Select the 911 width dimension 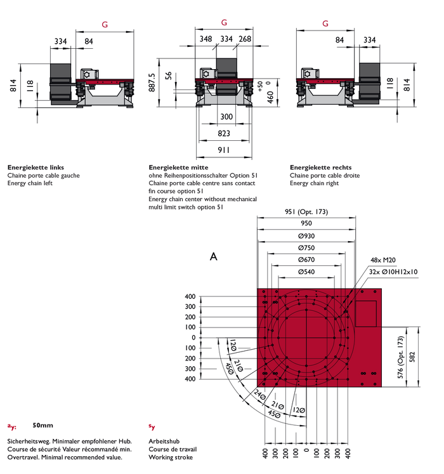click(x=223, y=150)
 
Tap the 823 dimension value click(x=223, y=133)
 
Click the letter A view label click(x=214, y=257)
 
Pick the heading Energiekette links click(x=36, y=168)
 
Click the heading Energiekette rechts click(x=320, y=168)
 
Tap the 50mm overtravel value click(x=42, y=425)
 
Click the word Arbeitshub click(x=164, y=440)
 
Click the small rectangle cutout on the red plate click(x=366, y=313)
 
